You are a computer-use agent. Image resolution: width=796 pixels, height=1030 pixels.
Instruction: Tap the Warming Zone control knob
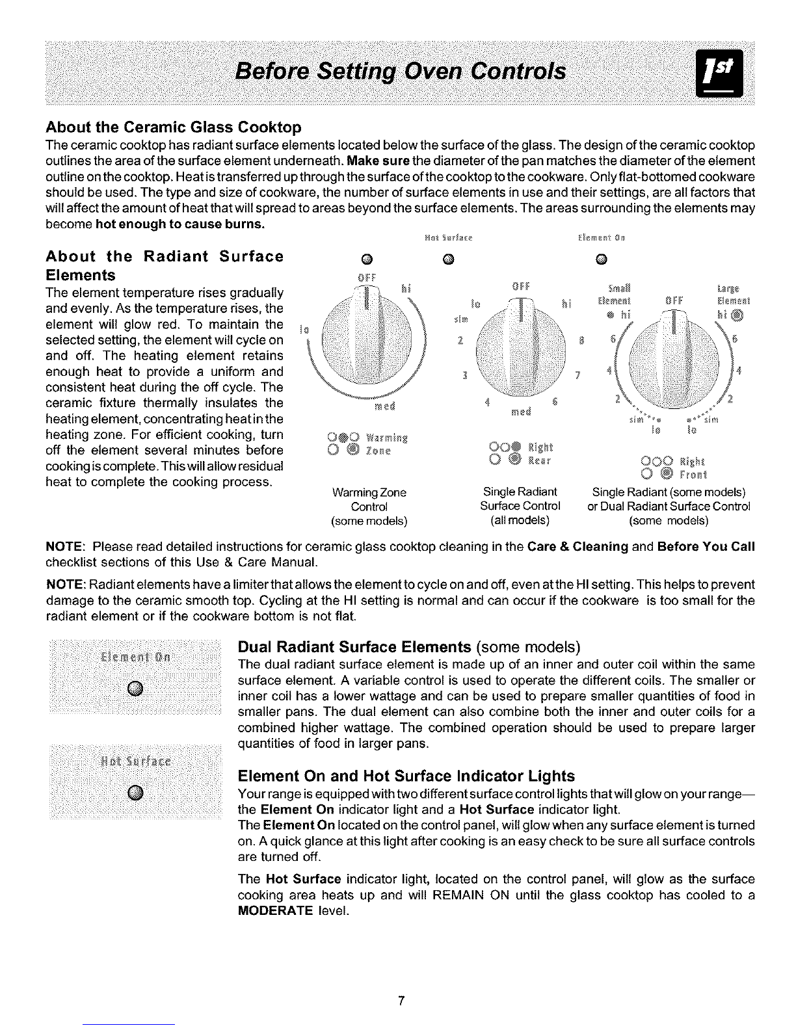368,338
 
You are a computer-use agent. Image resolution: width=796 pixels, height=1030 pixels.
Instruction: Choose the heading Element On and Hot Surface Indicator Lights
406,776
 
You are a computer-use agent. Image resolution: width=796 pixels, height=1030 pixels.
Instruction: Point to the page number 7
403,1001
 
